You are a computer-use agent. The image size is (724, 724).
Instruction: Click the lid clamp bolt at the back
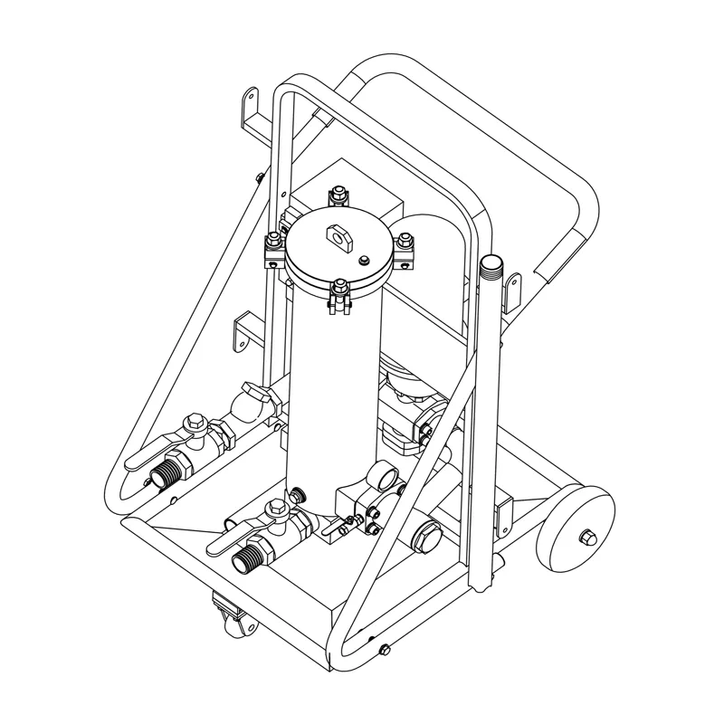tap(338, 194)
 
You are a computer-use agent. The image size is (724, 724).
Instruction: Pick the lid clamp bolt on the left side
tap(272, 244)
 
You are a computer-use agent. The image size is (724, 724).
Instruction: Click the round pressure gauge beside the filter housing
tap(385, 477)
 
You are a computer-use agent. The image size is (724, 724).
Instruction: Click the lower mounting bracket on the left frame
tap(245, 331)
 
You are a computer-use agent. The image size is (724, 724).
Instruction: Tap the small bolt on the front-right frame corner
tap(386, 648)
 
